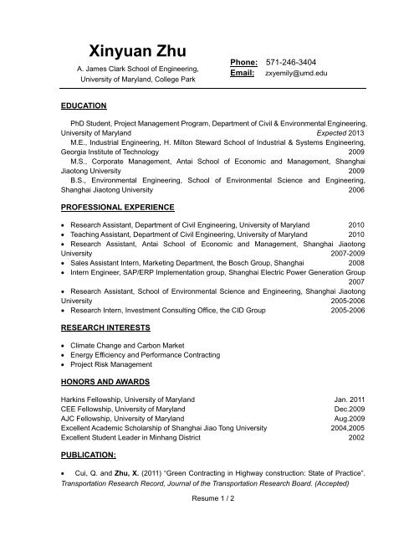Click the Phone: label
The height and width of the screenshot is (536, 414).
[x=243, y=64]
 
